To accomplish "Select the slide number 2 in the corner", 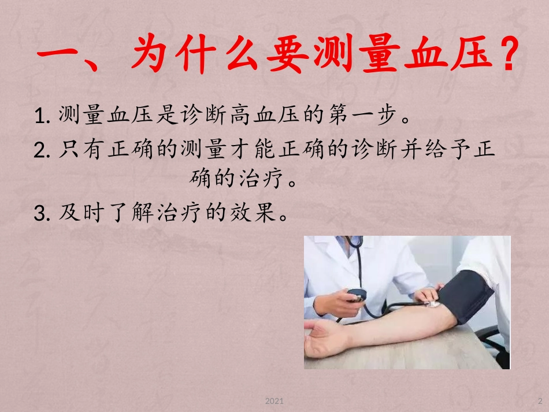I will [x=540, y=401].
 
